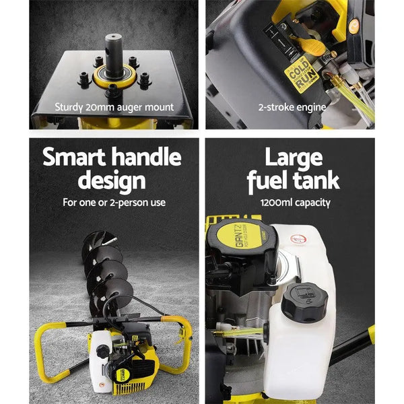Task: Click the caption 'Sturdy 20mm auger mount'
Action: (x=114, y=106)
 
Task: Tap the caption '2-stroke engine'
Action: (x=292, y=106)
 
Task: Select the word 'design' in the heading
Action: (x=111, y=180)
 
